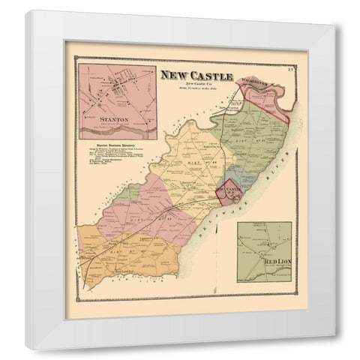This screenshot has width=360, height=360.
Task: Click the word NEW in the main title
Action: coord(166,74)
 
